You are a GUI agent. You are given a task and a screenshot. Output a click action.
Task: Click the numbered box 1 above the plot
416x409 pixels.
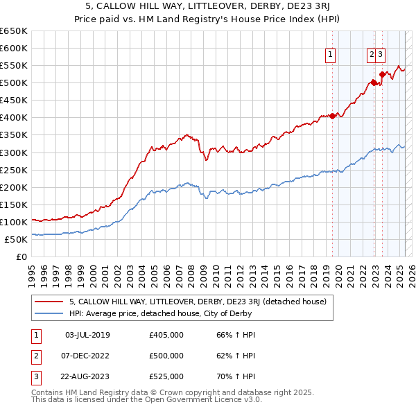tap(330, 57)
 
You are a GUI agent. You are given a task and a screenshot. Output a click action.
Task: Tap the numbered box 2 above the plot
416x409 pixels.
tap(372, 57)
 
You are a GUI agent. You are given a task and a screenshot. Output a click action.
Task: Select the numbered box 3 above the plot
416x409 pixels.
tap(381, 57)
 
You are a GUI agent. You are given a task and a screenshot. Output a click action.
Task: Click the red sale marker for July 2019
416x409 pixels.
tap(332, 116)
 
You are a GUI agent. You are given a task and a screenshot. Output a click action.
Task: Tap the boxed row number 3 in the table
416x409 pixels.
tap(35, 377)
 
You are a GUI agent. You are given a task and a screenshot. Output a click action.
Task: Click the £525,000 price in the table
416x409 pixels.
tap(166, 377)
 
